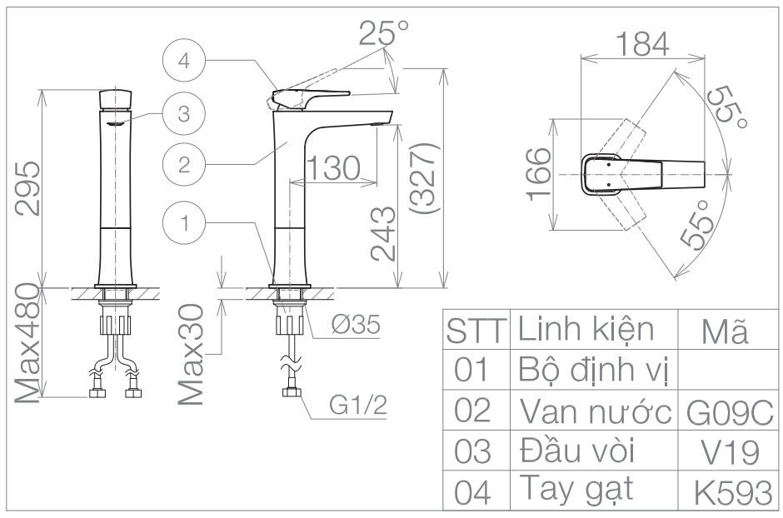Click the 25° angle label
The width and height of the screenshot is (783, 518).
point(384,32)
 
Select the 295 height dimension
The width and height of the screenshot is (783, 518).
point(30,188)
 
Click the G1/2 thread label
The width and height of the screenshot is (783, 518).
point(358,406)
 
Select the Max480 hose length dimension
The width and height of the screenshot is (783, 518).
point(30,343)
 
